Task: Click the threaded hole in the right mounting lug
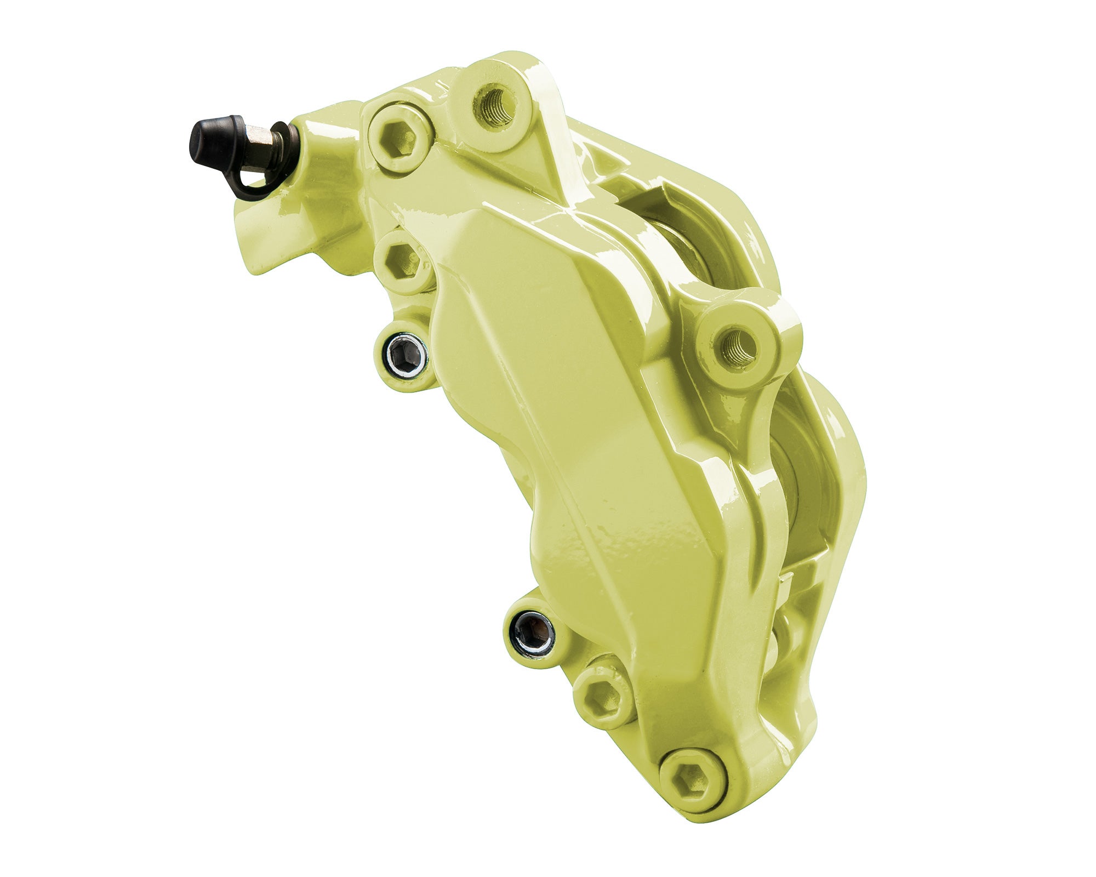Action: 737,348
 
